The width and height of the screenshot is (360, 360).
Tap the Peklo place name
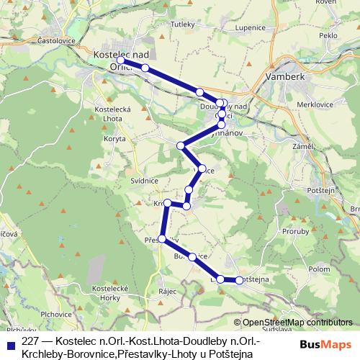[328, 35]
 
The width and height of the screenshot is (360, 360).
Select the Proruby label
[295, 232]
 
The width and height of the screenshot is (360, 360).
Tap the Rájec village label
[168, 292]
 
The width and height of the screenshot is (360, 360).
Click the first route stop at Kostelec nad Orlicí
[122, 60]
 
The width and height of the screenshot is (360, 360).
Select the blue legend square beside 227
[10, 343]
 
